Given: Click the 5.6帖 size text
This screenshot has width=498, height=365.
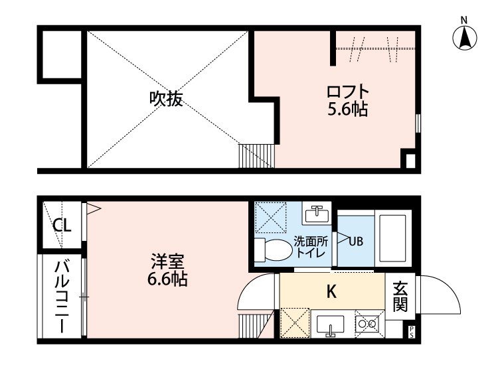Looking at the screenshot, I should (347, 109).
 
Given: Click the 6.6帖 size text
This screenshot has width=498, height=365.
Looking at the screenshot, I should (166, 280).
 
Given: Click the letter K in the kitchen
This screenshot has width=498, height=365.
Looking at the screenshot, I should (330, 291).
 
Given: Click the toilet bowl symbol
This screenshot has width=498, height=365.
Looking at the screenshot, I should (276, 250).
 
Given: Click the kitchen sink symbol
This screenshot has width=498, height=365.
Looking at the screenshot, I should (330, 325).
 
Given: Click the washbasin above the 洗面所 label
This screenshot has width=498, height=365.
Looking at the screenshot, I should (317, 214).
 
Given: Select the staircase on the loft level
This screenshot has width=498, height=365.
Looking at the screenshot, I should (256, 156).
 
